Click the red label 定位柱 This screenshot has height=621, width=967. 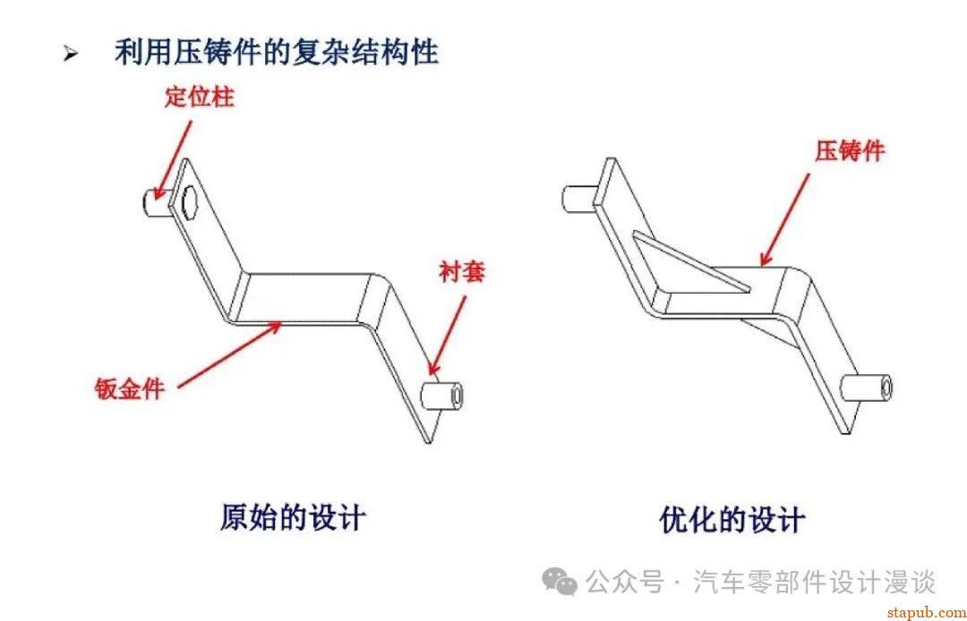[x=199, y=98]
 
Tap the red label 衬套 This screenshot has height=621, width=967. [x=462, y=271]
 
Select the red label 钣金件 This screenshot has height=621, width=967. [x=130, y=388]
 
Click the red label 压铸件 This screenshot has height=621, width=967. [x=850, y=150]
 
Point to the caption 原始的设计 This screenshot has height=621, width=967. [x=292, y=517]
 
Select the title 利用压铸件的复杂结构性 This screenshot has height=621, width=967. [x=277, y=52]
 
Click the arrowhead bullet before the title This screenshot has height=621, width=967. [x=71, y=55]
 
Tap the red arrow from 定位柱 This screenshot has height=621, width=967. [x=174, y=160]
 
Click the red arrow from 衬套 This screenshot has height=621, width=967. [x=448, y=336]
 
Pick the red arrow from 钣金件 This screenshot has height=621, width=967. [x=229, y=354]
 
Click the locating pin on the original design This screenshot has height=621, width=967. [x=157, y=201]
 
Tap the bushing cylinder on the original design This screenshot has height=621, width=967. [x=441, y=396]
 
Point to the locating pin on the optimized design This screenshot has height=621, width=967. [x=579, y=199]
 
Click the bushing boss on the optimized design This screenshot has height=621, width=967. [x=867, y=387]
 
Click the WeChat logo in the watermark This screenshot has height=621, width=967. [x=560, y=581]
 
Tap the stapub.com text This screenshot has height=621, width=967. [x=927, y=613]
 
